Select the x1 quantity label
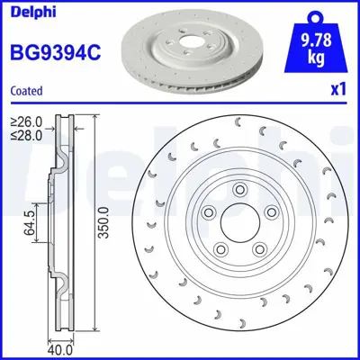(x=337, y=91)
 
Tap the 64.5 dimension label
(x=30, y=223)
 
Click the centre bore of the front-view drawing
(x=234, y=226)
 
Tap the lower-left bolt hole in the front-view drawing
(x=220, y=247)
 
